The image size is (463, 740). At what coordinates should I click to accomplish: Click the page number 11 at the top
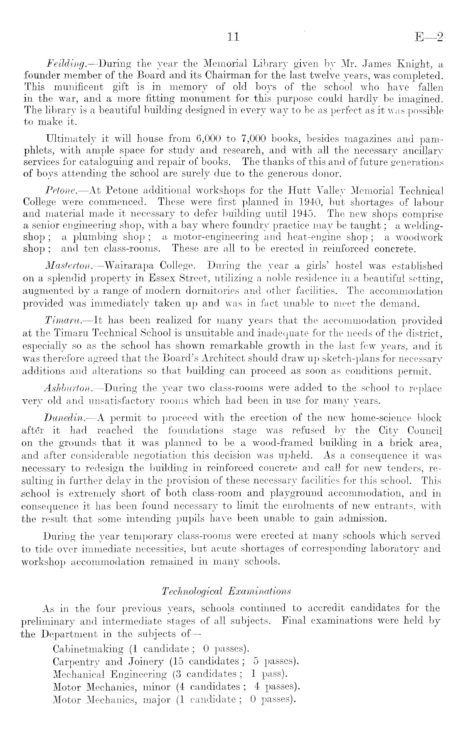point(234,37)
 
